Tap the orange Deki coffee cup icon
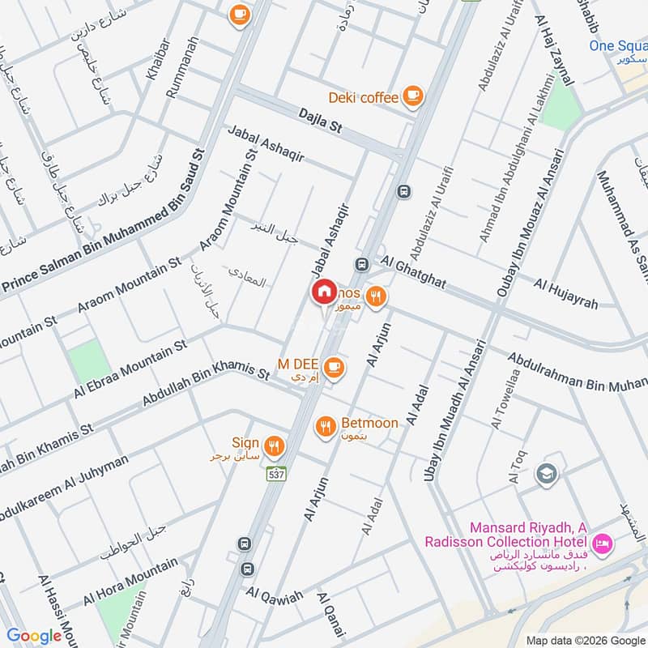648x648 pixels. tap(413, 96)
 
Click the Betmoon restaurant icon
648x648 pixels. tap(326, 425)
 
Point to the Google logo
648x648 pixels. tap(34, 636)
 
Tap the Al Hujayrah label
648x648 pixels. tap(565, 293)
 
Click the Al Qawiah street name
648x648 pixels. tap(275, 596)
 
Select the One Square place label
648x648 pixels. tap(617, 45)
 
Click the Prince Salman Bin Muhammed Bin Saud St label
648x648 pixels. tap(105, 219)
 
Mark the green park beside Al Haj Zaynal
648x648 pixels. tap(561, 109)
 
